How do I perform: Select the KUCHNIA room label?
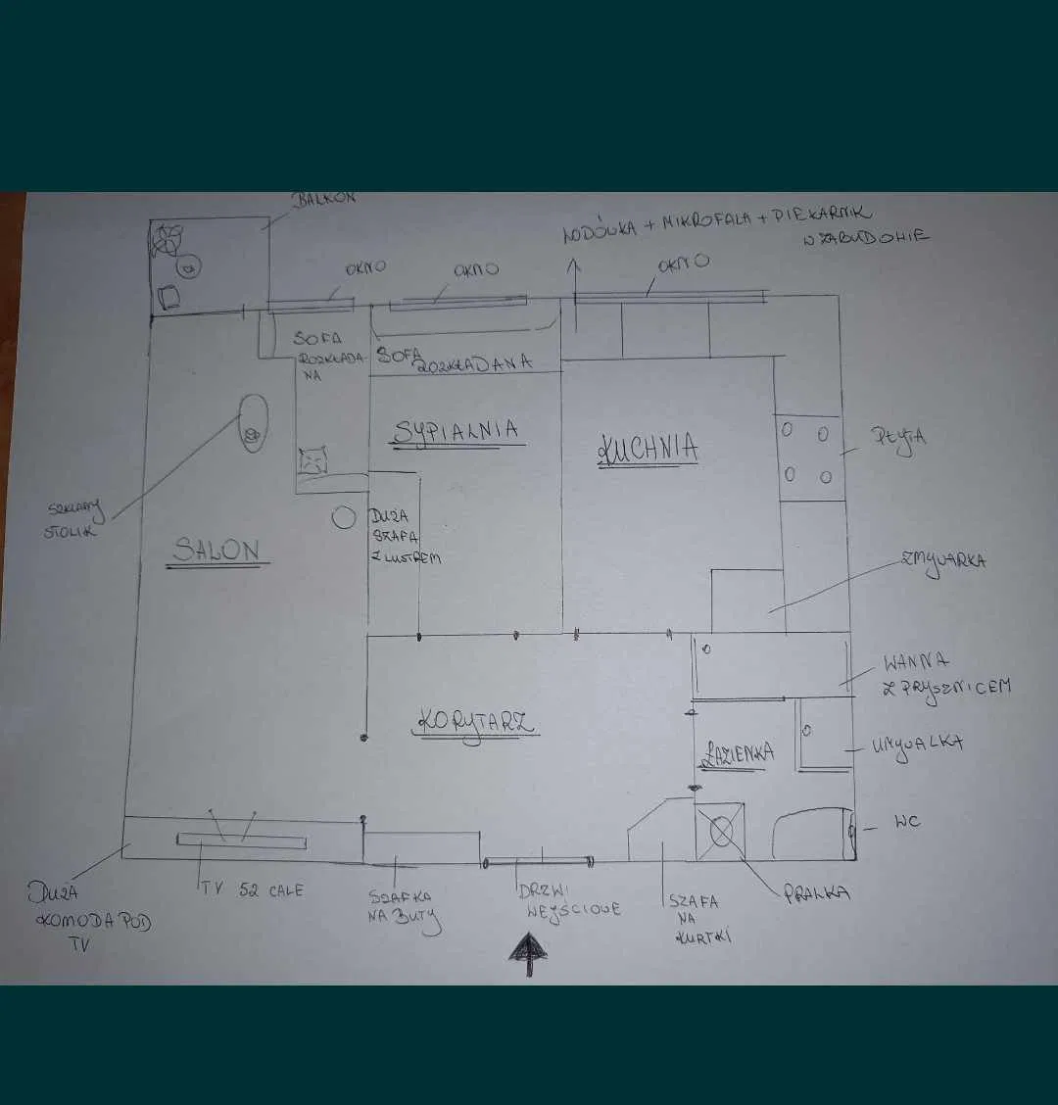tap(648, 449)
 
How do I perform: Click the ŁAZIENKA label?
tap(737, 753)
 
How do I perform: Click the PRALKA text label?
tap(816, 893)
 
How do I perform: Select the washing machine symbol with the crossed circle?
tap(721, 832)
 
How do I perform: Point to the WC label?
tap(907, 821)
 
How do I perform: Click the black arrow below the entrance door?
tap(529, 953)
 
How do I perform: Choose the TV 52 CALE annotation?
tap(253, 890)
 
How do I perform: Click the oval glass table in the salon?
tap(254, 422)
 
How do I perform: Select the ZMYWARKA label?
tap(942, 562)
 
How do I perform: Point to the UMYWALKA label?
tap(917, 745)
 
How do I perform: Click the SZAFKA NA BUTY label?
tap(402, 909)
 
